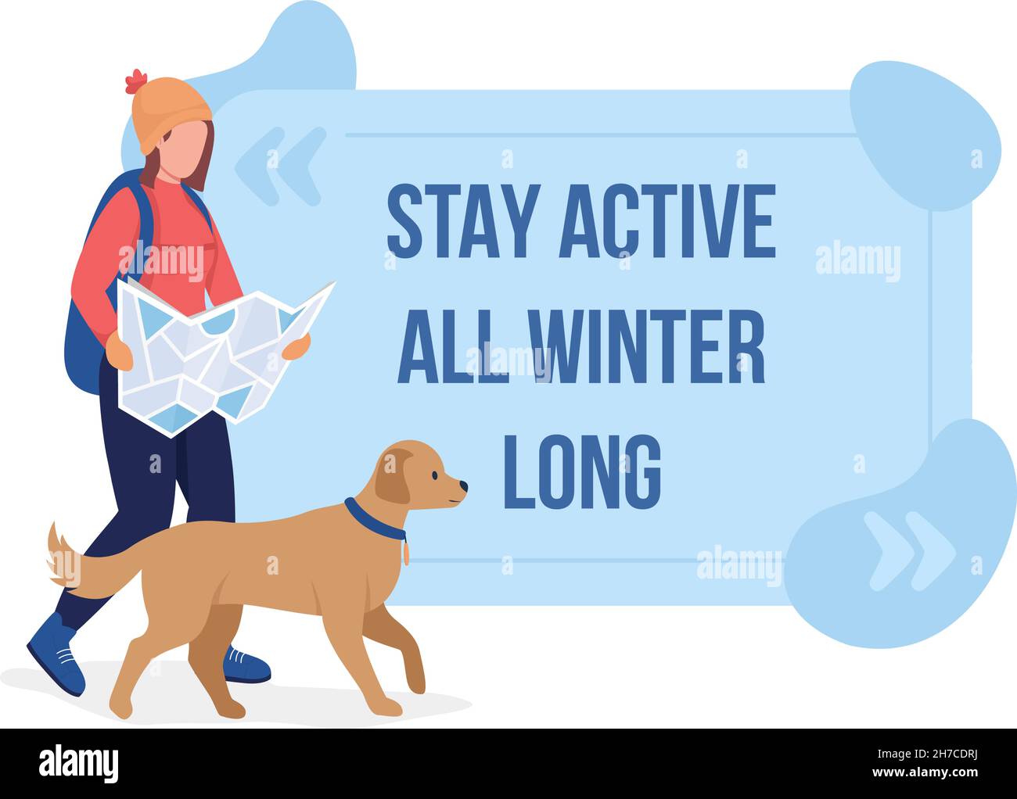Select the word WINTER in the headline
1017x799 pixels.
click(x=647, y=346)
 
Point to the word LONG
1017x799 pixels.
click(x=581, y=471)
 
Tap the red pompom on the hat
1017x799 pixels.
click(x=136, y=80)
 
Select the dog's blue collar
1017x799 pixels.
click(x=373, y=521)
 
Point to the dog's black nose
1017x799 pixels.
click(x=464, y=486)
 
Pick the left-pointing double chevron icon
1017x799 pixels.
click(x=280, y=166)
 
